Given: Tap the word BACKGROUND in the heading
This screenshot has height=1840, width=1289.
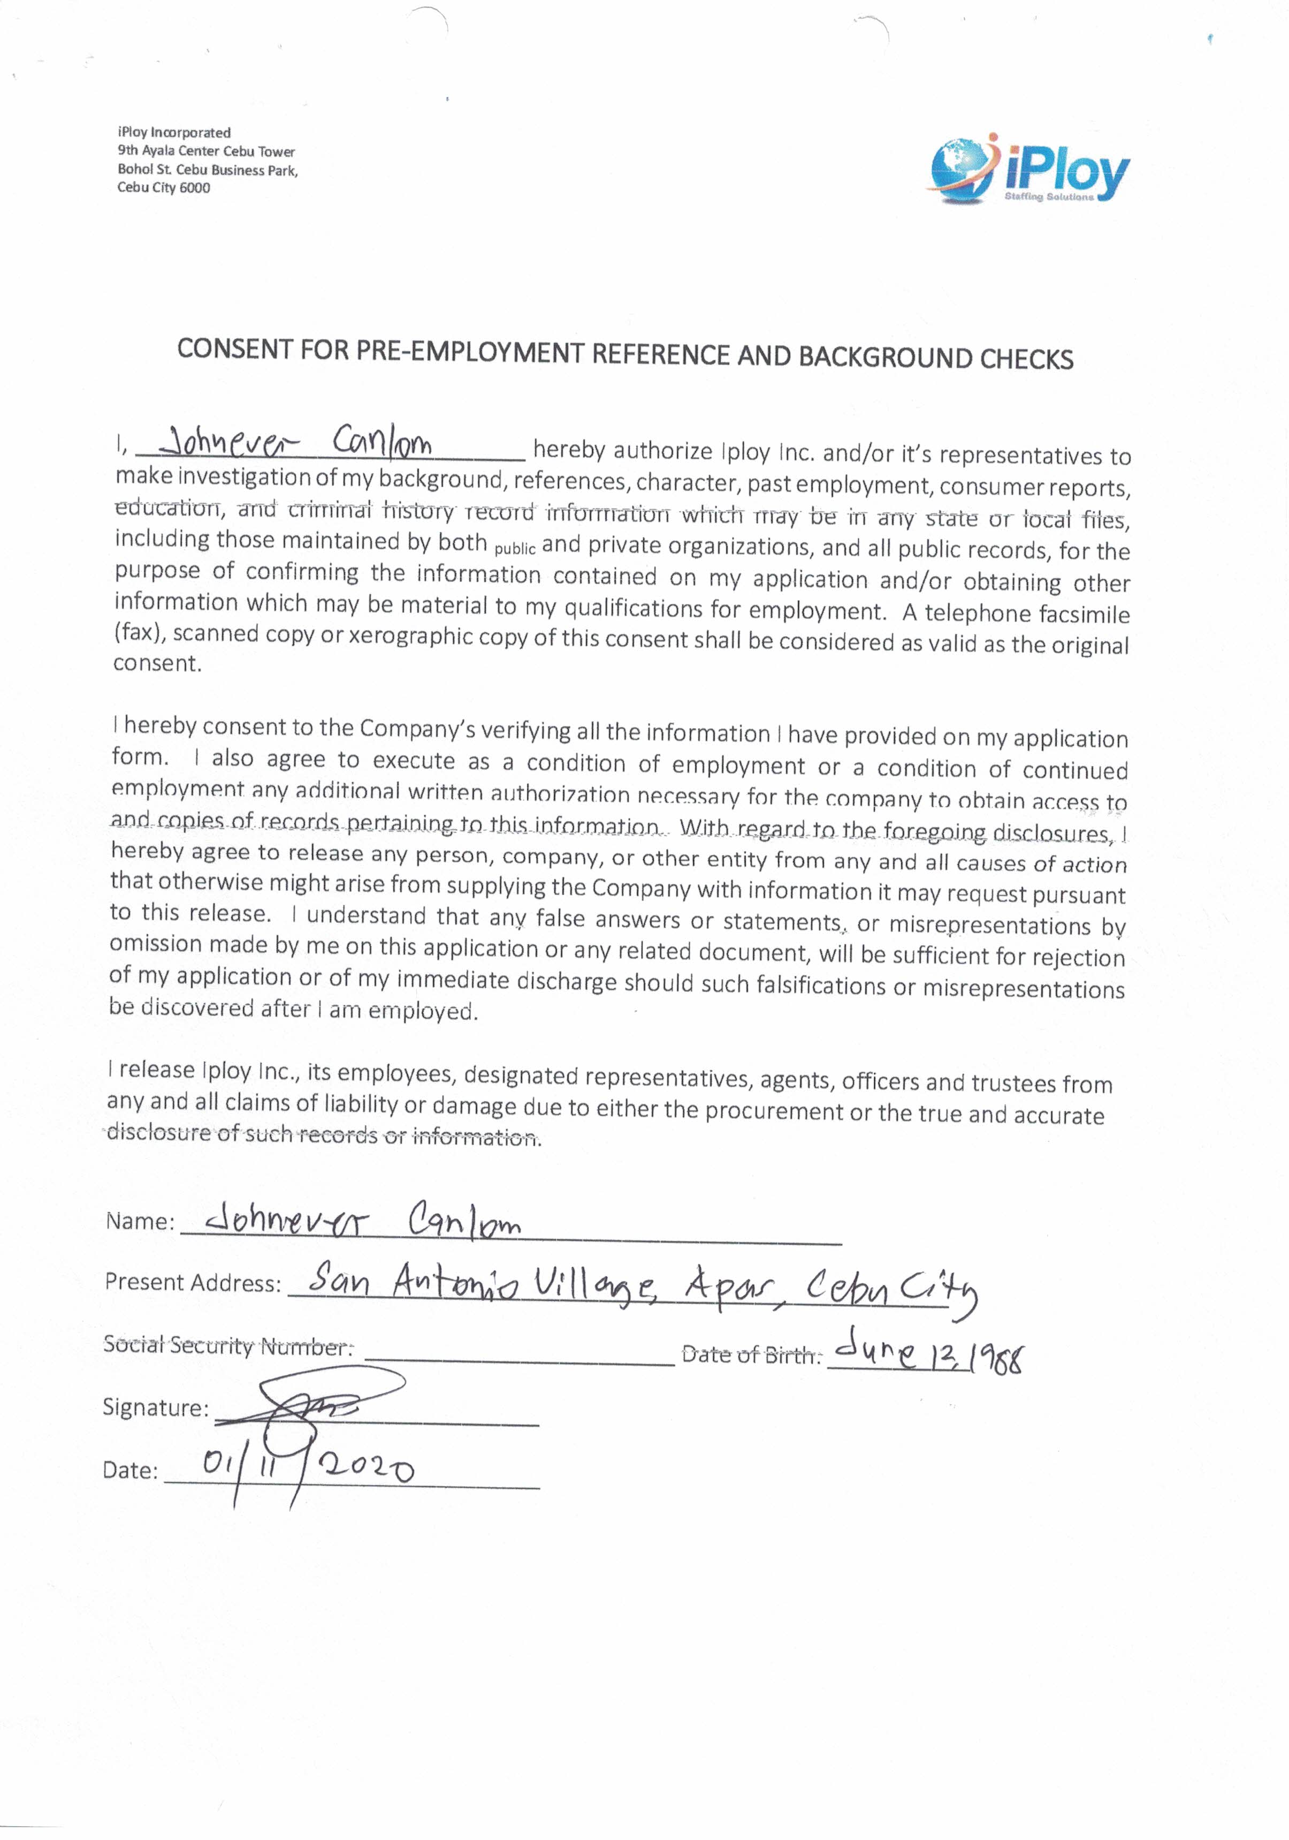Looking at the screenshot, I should (885, 356).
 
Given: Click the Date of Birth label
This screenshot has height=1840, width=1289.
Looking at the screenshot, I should (751, 1355).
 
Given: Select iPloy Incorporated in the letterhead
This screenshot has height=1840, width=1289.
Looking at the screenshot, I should (174, 133).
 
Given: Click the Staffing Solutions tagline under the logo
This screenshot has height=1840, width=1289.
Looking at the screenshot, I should (1049, 197).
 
